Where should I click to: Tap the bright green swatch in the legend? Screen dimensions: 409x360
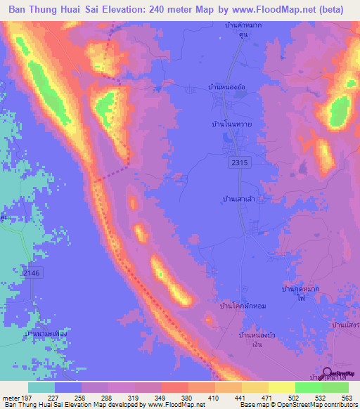(307, 387)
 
